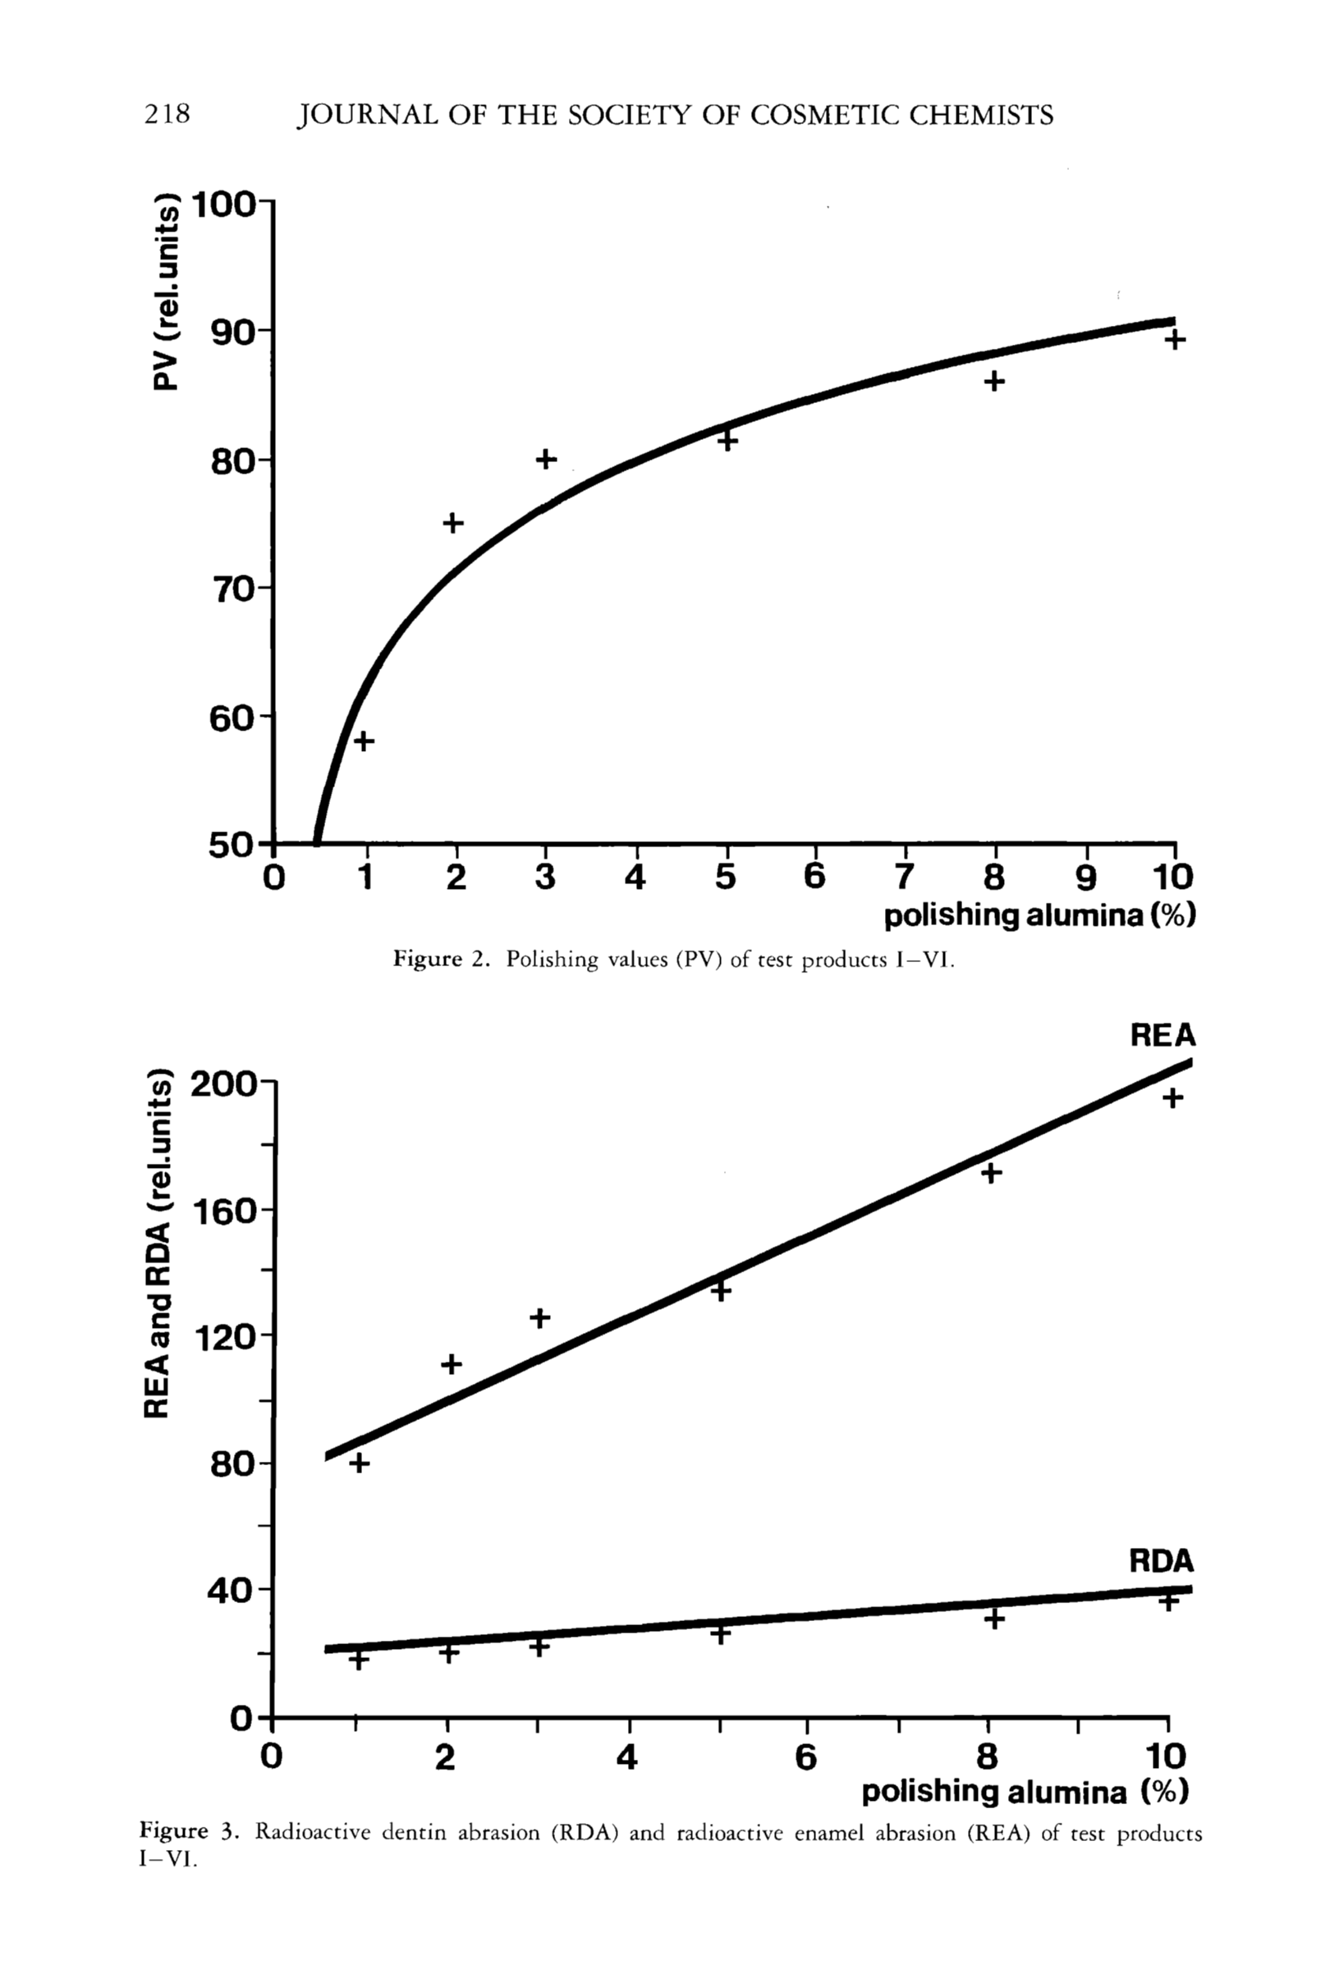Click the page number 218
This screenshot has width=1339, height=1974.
click(x=167, y=114)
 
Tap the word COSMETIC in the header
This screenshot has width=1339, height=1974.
click(x=823, y=115)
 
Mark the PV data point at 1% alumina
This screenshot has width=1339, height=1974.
click(x=364, y=741)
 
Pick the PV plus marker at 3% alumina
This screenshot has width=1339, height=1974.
click(x=546, y=460)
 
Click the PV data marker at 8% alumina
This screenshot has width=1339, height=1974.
click(x=994, y=382)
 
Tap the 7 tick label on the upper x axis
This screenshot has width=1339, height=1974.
click(x=905, y=876)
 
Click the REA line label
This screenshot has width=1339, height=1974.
click(x=1162, y=1035)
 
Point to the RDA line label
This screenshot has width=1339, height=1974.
click(x=1161, y=1561)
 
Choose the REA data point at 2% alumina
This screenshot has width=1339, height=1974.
click(x=452, y=1364)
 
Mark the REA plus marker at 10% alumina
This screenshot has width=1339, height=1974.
click(x=1172, y=1098)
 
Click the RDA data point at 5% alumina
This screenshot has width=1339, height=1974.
click(x=721, y=1633)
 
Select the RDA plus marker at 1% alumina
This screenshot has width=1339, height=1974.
click(x=359, y=1660)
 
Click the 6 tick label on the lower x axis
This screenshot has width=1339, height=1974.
click(x=805, y=1756)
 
